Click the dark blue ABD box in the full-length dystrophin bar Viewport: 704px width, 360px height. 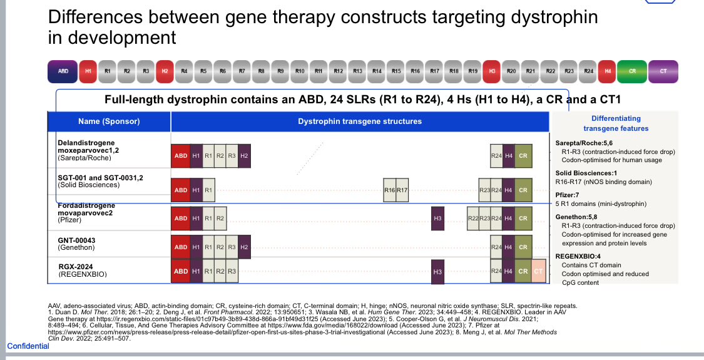coord(63,71)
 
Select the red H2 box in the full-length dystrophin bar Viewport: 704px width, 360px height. coord(165,71)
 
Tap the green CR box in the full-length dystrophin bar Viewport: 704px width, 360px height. coord(632,71)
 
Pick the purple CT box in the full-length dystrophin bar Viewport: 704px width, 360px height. coord(663,71)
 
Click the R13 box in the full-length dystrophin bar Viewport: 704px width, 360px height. coord(358,71)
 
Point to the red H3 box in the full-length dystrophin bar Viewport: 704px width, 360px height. coord(492,71)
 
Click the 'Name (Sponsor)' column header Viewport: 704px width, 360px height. coord(109,121)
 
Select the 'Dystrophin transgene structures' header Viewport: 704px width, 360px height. coord(360,121)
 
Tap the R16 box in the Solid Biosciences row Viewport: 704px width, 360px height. coord(389,190)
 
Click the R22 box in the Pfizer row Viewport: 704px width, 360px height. coord(473,219)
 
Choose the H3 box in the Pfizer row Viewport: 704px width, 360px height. coord(437,219)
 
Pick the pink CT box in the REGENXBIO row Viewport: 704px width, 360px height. coord(538,271)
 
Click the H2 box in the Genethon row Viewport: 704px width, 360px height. coord(244,247)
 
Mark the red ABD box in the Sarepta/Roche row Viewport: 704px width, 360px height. coord(180,156)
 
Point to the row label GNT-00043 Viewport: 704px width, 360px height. coord(76,240)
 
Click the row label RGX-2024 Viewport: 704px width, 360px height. coord(75,267)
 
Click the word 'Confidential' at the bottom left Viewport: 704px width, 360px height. coord(28,346)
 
